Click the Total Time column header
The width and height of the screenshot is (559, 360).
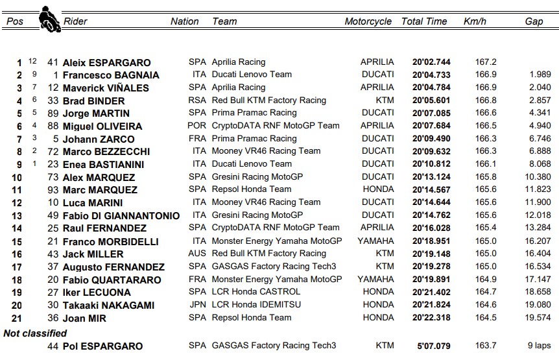click(x=424, y=21)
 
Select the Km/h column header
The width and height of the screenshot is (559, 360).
click(x=474, y=21)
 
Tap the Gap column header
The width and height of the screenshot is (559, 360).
click(x=534, y=21)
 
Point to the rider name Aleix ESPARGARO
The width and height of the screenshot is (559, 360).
click(x=106, y=63)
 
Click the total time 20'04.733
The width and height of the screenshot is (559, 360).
click(x=431, y=75)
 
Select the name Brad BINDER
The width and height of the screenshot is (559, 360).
click(x=94, y=101)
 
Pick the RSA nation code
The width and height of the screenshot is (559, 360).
click(x=197, y=101)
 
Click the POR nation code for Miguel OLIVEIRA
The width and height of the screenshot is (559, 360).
click(x=197, y=126)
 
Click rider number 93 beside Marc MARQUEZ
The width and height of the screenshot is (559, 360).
click(x=53, y=189)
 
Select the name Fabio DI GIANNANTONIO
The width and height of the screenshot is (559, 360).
click(x=121, y=215)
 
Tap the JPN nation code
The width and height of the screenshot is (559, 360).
click(x=197, y=304)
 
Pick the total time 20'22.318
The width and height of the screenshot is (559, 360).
click(x=431, y=317)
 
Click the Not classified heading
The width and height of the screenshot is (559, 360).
click(x=35, y=333)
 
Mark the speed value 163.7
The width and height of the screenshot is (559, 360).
click(x=486, y=346)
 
